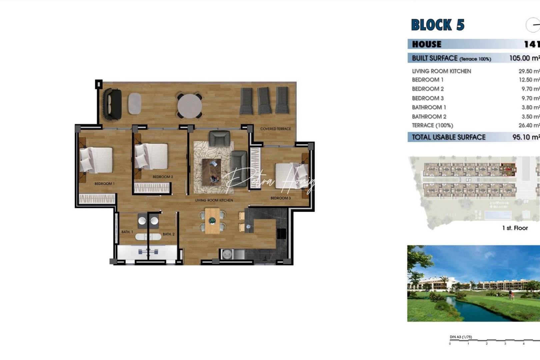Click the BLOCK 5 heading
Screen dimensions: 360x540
(x=437, y=25)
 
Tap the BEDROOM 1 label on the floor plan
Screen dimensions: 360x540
(x=104, y=184)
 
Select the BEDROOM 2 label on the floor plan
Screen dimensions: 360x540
(x=163, y=177)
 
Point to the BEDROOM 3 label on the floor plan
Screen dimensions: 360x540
(x=280, y=198)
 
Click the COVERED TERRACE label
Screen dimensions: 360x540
(x=275, y=129)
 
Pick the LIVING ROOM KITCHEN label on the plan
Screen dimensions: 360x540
(x=214, y=200)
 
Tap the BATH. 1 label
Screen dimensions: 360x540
(x=127, y=232)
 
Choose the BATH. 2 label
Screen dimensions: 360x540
(x=168, y=234)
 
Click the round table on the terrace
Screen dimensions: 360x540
(x=189, y=106)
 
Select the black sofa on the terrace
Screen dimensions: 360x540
(x=112, y=104)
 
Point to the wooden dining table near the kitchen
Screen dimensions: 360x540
(x=212, y=221)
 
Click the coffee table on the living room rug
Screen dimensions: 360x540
(x=211, y=172)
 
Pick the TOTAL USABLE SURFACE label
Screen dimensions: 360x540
(x=448, y=137)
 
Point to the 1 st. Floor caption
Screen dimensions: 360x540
(x=515, y=228)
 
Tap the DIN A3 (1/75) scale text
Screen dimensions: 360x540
(x=461, y=337)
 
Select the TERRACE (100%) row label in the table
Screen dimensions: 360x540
(x=432, y=125)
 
